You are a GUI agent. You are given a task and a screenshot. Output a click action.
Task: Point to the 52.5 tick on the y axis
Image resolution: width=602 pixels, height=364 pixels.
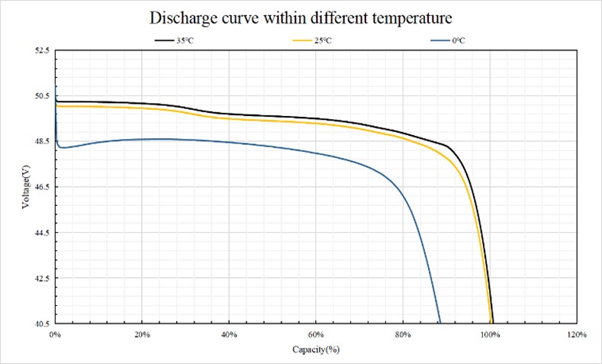[x=41, y=50]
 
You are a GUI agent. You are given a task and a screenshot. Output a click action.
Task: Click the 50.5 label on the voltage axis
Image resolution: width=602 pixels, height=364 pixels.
[x=41, y=96]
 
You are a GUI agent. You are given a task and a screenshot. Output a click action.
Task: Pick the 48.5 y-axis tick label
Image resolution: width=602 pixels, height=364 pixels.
[x=41, y=142]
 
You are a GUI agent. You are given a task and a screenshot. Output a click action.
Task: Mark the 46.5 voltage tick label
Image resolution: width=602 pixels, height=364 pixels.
[x=41, y=187]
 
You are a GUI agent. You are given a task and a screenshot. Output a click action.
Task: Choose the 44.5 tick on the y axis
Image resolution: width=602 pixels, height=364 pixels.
[x=41, y=233]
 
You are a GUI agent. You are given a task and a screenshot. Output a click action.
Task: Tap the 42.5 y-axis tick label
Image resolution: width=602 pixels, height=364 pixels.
[x=41, y=279]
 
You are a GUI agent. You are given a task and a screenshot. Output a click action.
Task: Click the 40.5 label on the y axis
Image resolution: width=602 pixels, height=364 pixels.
[x=41, y=324]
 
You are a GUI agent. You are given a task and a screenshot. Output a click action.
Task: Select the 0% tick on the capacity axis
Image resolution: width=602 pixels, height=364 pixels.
[x=55, y=335]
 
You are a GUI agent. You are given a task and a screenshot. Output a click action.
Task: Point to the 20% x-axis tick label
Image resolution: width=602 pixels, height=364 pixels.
[x=142, y=335]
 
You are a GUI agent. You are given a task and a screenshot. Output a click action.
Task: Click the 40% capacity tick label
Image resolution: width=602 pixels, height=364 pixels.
[x=229, y=335]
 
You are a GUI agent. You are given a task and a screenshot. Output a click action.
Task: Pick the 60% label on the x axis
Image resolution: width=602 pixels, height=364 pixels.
[x=316, y=335]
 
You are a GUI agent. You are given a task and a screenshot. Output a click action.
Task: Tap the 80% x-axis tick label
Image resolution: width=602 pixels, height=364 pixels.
[x=403, y=335]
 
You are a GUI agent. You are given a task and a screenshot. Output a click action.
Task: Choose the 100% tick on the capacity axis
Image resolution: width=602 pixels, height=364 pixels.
[x=490, y=335]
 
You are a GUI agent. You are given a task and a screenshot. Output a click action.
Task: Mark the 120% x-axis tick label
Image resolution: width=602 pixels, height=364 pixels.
[x=577, y=335]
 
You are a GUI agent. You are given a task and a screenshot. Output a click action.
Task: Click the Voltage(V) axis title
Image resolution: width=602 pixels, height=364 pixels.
[x=26, y=188]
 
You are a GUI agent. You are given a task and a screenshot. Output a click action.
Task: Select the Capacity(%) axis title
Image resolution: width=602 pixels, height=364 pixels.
[x=315, y=349]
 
